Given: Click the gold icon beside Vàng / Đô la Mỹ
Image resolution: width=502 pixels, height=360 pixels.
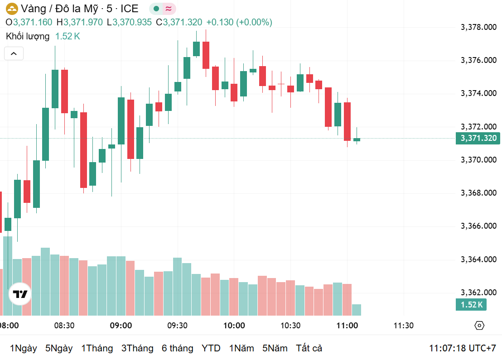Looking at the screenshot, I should click(12, 9).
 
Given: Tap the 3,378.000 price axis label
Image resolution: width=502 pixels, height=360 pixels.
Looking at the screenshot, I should click(478, 27).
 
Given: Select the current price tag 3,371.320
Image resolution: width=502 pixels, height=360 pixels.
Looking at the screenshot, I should click(478, 139).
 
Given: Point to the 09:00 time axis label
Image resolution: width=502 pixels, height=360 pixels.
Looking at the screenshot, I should click(121, 326).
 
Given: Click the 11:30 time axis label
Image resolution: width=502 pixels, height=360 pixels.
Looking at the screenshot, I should click(403, 326).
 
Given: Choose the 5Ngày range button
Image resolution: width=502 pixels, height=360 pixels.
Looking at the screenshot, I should click(59, 348).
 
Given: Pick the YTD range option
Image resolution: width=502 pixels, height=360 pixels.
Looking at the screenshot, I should click(211, 348).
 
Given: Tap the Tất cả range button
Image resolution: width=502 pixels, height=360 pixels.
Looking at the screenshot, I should click(309, 348).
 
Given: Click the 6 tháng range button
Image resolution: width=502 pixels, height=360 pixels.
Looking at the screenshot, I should click(177, 348).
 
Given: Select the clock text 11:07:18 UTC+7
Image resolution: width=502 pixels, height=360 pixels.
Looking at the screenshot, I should click(463, 348).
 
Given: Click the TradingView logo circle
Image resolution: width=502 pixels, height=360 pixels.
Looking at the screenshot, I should click(20, 295).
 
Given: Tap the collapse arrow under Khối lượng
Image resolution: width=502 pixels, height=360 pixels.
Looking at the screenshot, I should click(14, 54).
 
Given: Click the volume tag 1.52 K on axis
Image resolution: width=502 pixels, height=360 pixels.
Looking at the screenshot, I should click(471, 304).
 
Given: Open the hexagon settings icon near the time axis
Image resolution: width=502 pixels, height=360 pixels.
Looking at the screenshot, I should click(479, 326).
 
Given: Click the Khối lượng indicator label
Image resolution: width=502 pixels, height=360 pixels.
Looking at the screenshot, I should click(28, 36).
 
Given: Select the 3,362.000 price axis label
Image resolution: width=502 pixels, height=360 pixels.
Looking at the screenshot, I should click(478, 293).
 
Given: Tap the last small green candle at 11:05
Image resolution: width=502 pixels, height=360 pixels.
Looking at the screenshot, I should click(357, 139).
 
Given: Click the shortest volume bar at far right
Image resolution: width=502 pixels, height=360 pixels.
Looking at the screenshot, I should click(357, 310).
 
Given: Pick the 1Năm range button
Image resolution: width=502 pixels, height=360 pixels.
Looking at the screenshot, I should click(241, 348).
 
